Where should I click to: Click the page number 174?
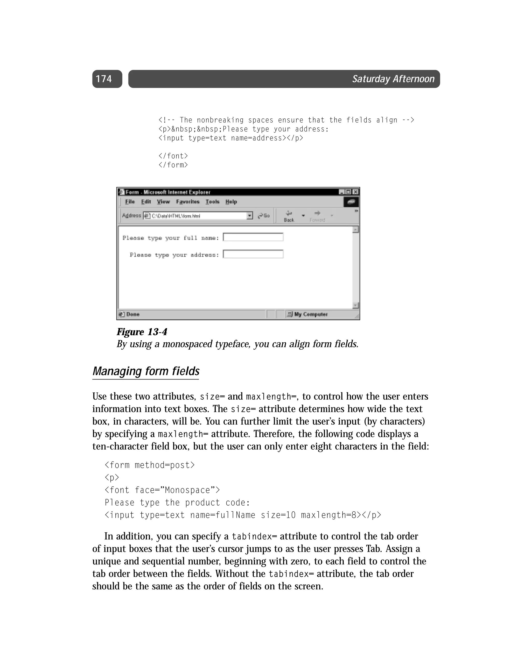click(x=104, y=79)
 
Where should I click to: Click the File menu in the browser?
click(x=130, y=202)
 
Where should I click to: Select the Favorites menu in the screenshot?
click(x=188, y=202)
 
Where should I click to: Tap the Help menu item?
click(x=231, y=202)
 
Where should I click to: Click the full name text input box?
click(x=253, y=237)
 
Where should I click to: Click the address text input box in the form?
click(x=253, y=254)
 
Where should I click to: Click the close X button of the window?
click(x=355, y=192)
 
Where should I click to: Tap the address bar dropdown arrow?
click(x=250, y=216)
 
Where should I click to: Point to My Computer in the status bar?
click(x=311, y=314)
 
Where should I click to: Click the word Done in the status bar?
click(x=133, y=314)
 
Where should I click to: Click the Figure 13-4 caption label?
click(x=142, y=332)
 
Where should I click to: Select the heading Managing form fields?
click(x=146, y=371)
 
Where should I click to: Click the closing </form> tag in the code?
click(x=173, y=165)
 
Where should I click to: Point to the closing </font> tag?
click(x=173, y=156)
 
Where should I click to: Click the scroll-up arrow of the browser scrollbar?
click(x=355, y=230)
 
